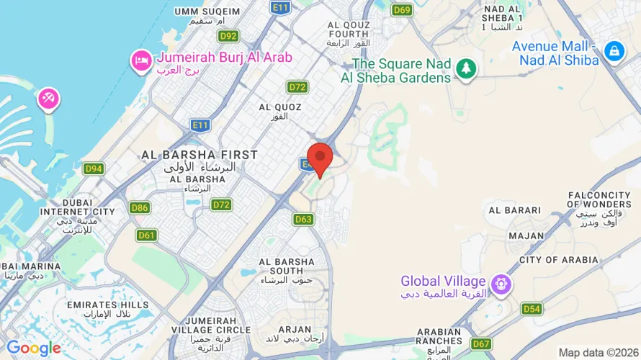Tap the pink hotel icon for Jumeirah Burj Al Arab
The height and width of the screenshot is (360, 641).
pos(140,60)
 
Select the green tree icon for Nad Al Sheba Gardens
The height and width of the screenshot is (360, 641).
pos(467,69)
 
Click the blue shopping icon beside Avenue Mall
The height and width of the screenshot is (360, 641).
pos(614,51)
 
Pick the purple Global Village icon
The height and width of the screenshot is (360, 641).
pos(498,284)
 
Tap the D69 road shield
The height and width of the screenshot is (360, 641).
pos(402,9)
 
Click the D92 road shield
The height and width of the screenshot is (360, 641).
pos(228,36)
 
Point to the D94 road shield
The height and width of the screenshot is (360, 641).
pos(94,168)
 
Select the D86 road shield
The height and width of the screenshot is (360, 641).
pos(140,208)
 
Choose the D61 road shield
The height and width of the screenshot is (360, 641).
pos(146,235)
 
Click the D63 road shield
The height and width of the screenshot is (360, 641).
pos(303,218)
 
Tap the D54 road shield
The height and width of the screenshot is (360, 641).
pos(532,309)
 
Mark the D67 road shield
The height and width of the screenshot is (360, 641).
pos(482,343)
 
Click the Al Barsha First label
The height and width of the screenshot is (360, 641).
pos(200,155)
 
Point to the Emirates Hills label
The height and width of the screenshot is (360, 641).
pos(107,305)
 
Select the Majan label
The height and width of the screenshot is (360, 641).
pos(526,235)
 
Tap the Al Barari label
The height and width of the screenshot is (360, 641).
pos(514,210)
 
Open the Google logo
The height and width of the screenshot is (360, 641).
pos(33,348)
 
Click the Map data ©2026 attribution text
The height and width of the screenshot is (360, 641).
pos(597,352)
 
